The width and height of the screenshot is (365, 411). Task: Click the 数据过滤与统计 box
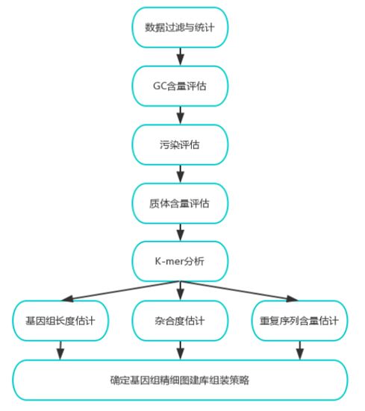point(180,28)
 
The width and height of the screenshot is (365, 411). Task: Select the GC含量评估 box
point(180,86)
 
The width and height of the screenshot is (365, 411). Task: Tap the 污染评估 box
point(180,145)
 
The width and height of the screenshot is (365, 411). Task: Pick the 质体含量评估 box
point(180,204)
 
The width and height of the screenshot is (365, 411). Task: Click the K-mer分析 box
point(180,261)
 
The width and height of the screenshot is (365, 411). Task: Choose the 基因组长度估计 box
point(60,321)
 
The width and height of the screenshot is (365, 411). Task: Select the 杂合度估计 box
point(180,321)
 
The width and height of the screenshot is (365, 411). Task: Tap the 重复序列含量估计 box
point(299,321)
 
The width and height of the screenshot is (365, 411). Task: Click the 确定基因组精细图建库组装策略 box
point(180,380)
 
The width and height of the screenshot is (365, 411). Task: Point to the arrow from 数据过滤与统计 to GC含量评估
point(180,57)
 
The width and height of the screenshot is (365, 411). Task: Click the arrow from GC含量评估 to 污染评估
point(180,116)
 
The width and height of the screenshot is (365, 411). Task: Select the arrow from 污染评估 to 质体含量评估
point(180,174)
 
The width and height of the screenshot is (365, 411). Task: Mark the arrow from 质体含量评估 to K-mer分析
point(180,232)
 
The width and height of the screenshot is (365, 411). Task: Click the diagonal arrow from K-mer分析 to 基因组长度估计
point(120,291)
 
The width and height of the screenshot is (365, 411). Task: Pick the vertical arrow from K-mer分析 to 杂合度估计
point(180,291)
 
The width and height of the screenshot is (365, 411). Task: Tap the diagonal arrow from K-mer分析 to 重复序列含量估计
point(240,291)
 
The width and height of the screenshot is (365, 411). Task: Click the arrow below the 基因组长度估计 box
point(60,351)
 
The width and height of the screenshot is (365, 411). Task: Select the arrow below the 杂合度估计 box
point(180,351)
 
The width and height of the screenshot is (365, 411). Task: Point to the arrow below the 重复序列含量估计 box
point(300,351)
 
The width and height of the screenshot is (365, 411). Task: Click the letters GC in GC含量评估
point(160,86)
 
